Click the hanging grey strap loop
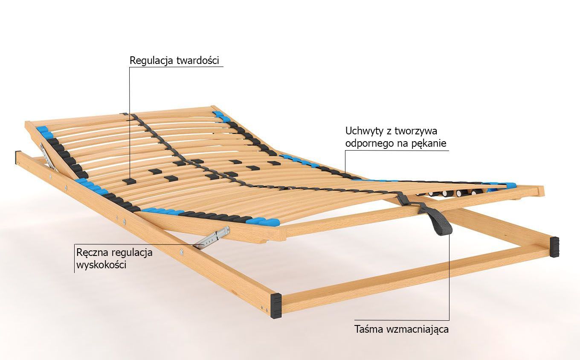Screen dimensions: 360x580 pyautogui.click(x=439, y=222)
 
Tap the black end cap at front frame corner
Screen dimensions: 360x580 pyautogui.click(x=275, y=306)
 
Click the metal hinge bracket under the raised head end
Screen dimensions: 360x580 pyautogui.click(x=47, y=156)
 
